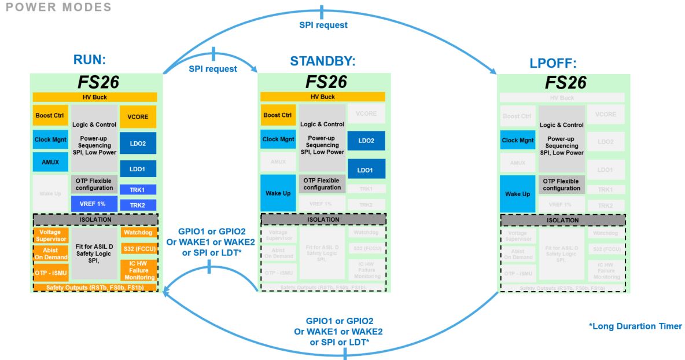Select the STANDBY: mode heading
coord(323,62)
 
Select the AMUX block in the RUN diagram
coord(50,162)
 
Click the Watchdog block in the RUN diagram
coord(138,233)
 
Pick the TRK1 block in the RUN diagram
coord(138,190)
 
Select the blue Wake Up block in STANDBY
coord(278,193)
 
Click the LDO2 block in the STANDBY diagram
coord(366,141)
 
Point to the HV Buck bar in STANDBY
coord(322,97)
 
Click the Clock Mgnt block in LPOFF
coord(518,140)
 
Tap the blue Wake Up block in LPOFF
coord(518,194)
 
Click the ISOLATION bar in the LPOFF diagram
coord(562,220)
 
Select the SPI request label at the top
coord(323,25)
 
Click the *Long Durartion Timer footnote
coord(635,327)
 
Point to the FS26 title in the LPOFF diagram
coord(562,82)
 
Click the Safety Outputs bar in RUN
coord(95,287)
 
